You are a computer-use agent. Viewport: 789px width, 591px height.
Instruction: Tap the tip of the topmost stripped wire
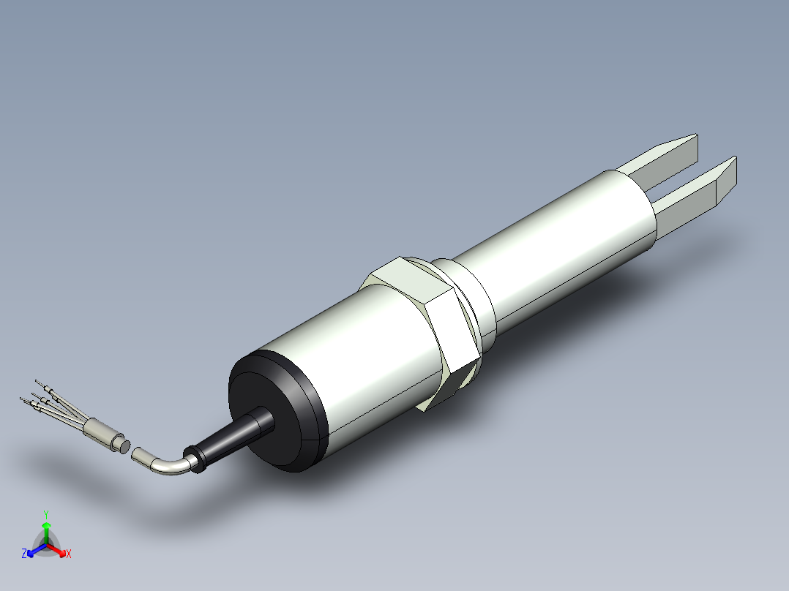39,382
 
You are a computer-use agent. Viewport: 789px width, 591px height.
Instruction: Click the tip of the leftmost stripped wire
23,399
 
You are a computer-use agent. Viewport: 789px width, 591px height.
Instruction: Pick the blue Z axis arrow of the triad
34,551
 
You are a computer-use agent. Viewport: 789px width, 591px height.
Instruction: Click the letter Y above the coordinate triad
45,514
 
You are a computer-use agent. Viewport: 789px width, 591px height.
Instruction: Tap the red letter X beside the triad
68,554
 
